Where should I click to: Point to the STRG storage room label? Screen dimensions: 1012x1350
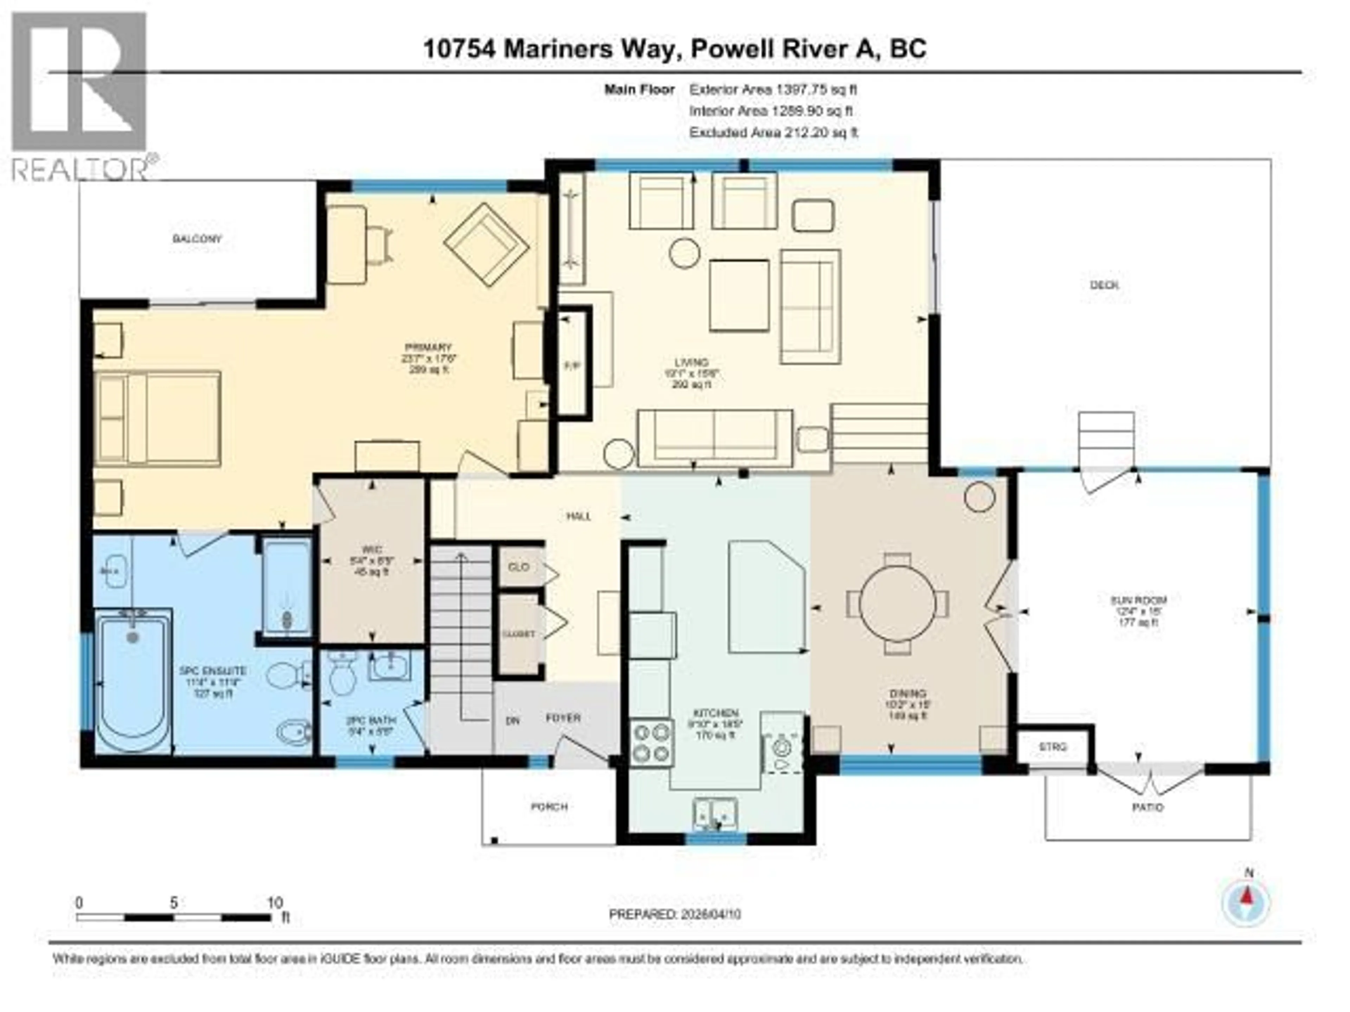click(1053, 747)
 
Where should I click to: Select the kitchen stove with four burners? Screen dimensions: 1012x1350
click(652, 743)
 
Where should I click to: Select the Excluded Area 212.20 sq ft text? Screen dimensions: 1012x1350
click(773, 132)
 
